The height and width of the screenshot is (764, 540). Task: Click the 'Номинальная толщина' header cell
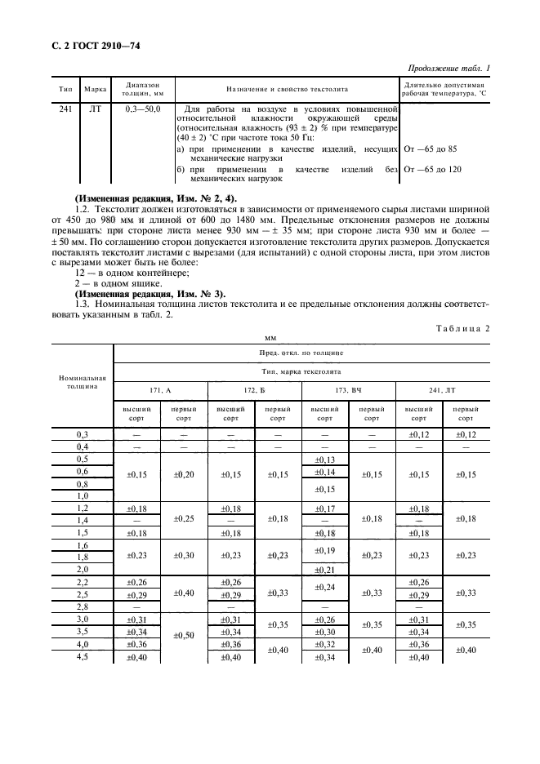coord(82,382)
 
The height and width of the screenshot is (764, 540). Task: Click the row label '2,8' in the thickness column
coord(82,607)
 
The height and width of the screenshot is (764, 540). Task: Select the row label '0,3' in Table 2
coord(82,434)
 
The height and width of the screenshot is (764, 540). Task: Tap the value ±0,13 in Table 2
coord(325,460)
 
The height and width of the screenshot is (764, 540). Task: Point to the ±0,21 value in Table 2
coord(325,568)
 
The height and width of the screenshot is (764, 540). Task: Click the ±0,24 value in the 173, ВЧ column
coord(325,587)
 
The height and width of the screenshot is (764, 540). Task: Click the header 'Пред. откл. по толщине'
coord(301,352)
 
